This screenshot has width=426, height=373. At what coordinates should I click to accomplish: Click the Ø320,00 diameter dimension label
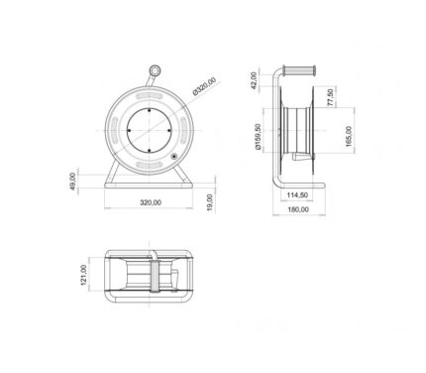click(x=204, y=86)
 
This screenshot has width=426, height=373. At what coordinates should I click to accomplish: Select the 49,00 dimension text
click(x=73, y=182)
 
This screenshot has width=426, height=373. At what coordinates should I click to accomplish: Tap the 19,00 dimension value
click(x=210, y=202)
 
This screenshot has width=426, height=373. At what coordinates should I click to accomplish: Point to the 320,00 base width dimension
click(x=151, y=202)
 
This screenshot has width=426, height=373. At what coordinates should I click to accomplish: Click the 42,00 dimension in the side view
click(x=254, y=80)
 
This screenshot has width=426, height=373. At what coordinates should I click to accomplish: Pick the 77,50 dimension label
click(x=331, y=97)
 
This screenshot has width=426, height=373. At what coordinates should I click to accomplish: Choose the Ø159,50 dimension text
click(x=259, y=137)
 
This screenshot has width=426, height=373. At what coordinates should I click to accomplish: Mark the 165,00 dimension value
click(x=349, y=136)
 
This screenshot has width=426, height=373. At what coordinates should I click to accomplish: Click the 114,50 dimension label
click(x=297, y=195)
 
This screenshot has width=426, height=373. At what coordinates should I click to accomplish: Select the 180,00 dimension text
click(x=298, y=209)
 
